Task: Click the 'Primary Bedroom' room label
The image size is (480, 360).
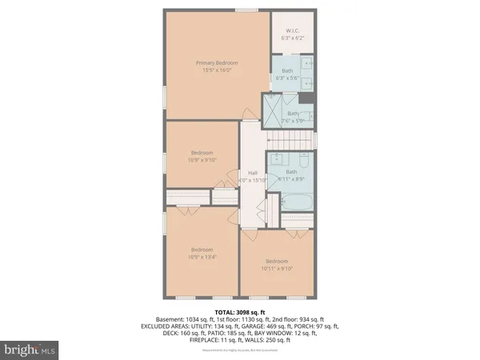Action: pos(218,62)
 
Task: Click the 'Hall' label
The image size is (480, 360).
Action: pos(252,173)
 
